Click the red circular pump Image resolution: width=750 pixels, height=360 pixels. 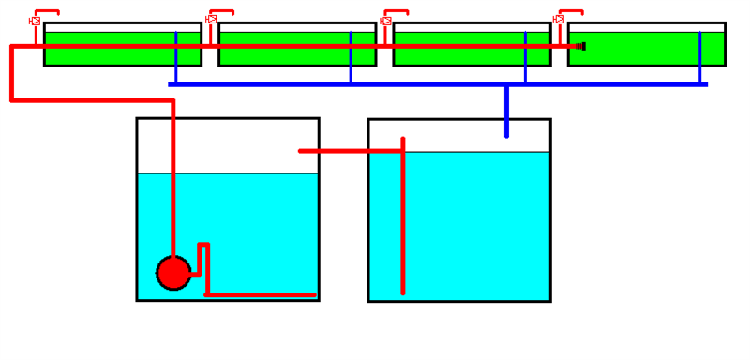[x=173, y=273]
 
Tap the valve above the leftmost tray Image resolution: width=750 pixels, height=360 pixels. [x=36, y=21]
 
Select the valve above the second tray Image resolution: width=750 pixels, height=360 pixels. [x=212, y=19]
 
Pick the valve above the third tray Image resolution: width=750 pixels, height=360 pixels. [x=386, y=20]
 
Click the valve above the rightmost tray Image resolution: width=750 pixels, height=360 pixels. [x=560, y=19]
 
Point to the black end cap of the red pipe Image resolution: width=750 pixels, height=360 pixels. [x=581, y=46]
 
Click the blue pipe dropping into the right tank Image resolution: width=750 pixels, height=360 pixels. [x=506, y=112]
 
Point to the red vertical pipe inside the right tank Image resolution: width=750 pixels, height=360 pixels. [x=403, y=225]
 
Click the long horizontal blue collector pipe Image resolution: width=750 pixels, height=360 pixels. [x=431, y=84]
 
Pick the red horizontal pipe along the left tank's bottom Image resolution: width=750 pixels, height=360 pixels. [x=262, y=294]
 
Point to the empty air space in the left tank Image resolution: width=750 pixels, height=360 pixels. [x=244, y=145]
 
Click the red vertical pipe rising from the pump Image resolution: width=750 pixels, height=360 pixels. [x=173, y=187]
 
